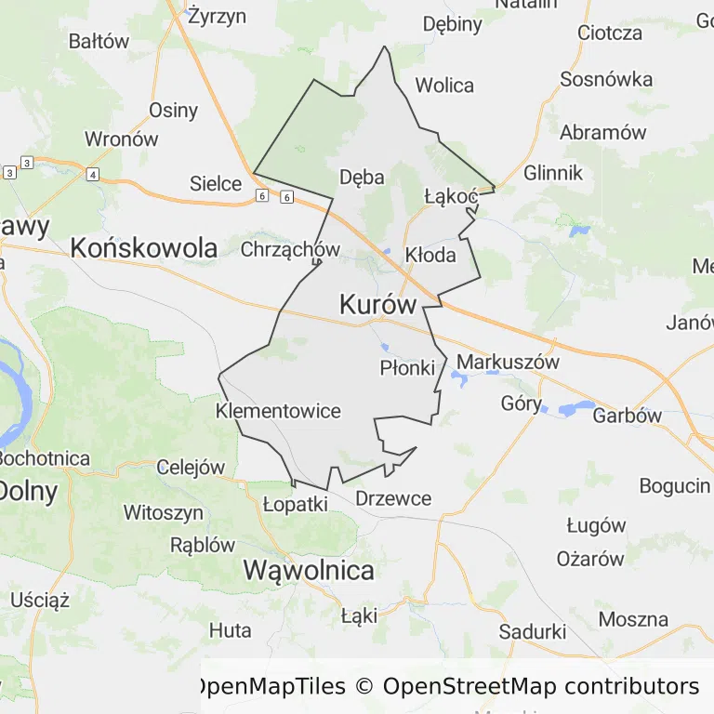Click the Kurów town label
click(x=377, y=304)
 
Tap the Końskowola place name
click(x=144, y=248)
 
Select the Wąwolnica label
click(x=309, y=570)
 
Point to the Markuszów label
click(x=509, y=363)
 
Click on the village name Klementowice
click(x=278, y=411)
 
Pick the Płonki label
click(x=407, y=368)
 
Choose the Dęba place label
click(x=362, y=177)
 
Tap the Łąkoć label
click(x=450, y=196)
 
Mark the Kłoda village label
click(x=430, y=255)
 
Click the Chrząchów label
click(x=290, y=249)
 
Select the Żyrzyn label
click(x=217, y=16)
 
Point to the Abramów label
click(x=602, y=132)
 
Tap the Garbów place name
click(x=628, y=416)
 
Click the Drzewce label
click(x=393, y=498)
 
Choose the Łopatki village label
click(x=296, y=504)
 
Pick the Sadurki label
click(x=533, y=631)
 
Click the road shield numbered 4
click(x=92, y=174)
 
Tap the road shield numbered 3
click(x=27, y=163)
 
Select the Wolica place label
click(x=444, y=86)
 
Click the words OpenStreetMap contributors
click(x=540, y=687)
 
